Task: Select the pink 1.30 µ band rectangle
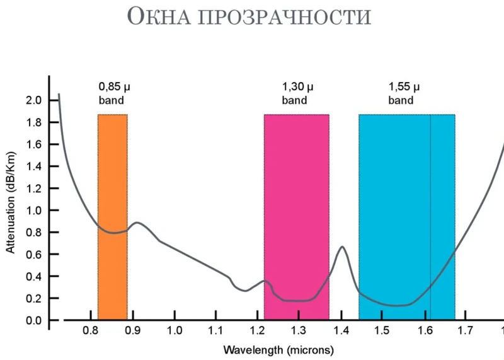296,189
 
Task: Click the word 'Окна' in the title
160,17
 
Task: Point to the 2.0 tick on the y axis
33,100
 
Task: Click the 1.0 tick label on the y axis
33,211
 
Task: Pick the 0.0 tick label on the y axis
33,320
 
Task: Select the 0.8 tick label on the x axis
92,330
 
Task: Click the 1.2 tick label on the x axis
257,330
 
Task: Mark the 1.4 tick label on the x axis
340,330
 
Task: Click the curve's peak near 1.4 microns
342,247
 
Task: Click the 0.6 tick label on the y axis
33,254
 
